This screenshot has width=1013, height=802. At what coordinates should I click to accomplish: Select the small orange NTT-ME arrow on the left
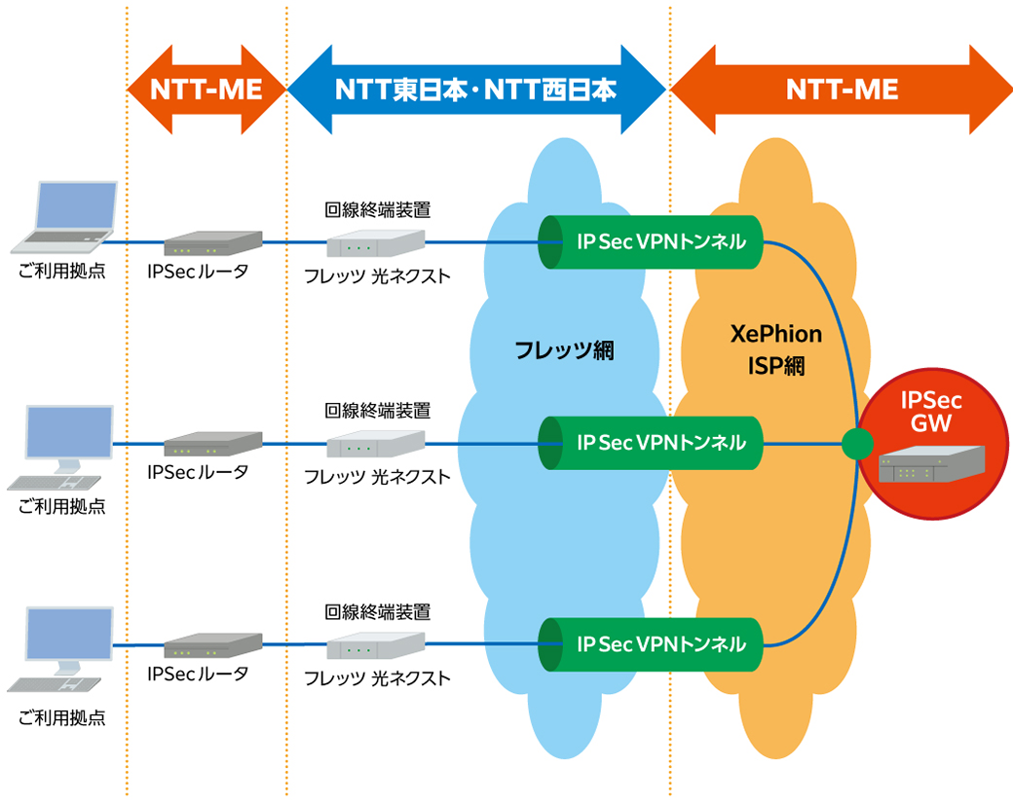click(206, 90)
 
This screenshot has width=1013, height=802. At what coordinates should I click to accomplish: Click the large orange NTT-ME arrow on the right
click(842, 90)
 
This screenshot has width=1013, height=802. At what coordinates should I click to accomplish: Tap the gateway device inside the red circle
click(931, 464)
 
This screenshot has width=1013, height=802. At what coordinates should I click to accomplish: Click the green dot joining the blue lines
click(855, 445)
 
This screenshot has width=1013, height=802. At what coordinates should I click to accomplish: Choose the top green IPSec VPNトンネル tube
click(651, 241)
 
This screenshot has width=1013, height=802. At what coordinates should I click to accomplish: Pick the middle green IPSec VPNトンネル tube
click(651, 443)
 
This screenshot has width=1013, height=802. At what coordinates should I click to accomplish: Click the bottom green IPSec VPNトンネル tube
click(651, 643)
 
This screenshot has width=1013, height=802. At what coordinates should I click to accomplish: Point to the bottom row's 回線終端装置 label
click(377, 612)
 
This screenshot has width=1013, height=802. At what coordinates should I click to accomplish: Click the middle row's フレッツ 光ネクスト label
click(377, 477)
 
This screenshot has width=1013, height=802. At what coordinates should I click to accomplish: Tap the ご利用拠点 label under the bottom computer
click(61, 719)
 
